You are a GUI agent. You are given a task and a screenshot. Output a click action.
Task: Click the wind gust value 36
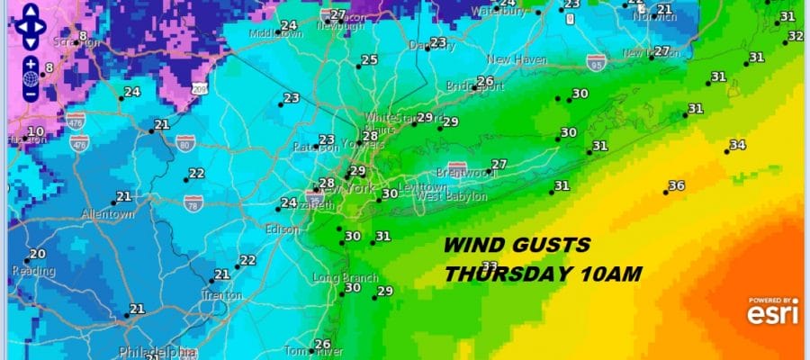click(x=676, y=186)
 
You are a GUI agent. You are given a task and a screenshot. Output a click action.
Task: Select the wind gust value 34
click(x=737, y=145)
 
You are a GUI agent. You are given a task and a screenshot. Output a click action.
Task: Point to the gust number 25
click(x=369, y=60)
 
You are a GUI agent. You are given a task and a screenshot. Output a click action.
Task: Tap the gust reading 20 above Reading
click(x=37, y=255)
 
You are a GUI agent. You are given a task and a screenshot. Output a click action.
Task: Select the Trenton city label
click(x=221, y=294)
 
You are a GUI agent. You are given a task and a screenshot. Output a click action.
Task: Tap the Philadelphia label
click(x=157, y=351)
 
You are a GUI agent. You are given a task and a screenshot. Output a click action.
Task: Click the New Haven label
click(x=517, y=59)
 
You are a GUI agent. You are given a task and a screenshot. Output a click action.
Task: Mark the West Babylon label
click(x=452, y=196)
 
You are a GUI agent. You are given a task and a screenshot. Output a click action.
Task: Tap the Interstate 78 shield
click(x=193, y=202)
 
